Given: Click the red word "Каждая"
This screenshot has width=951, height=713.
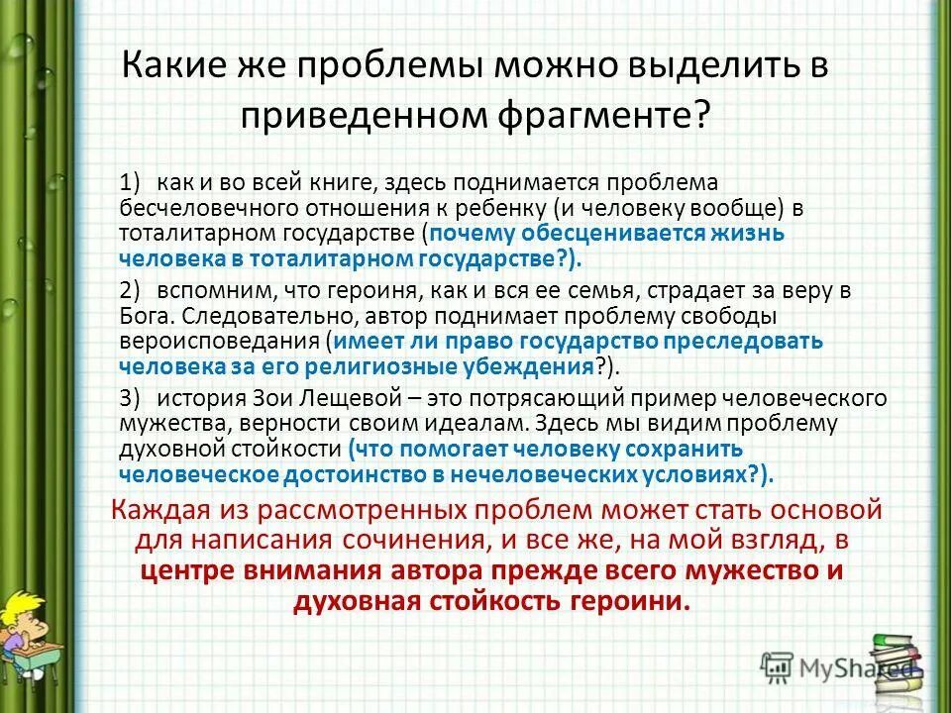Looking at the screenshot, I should (x=162, y=511).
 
